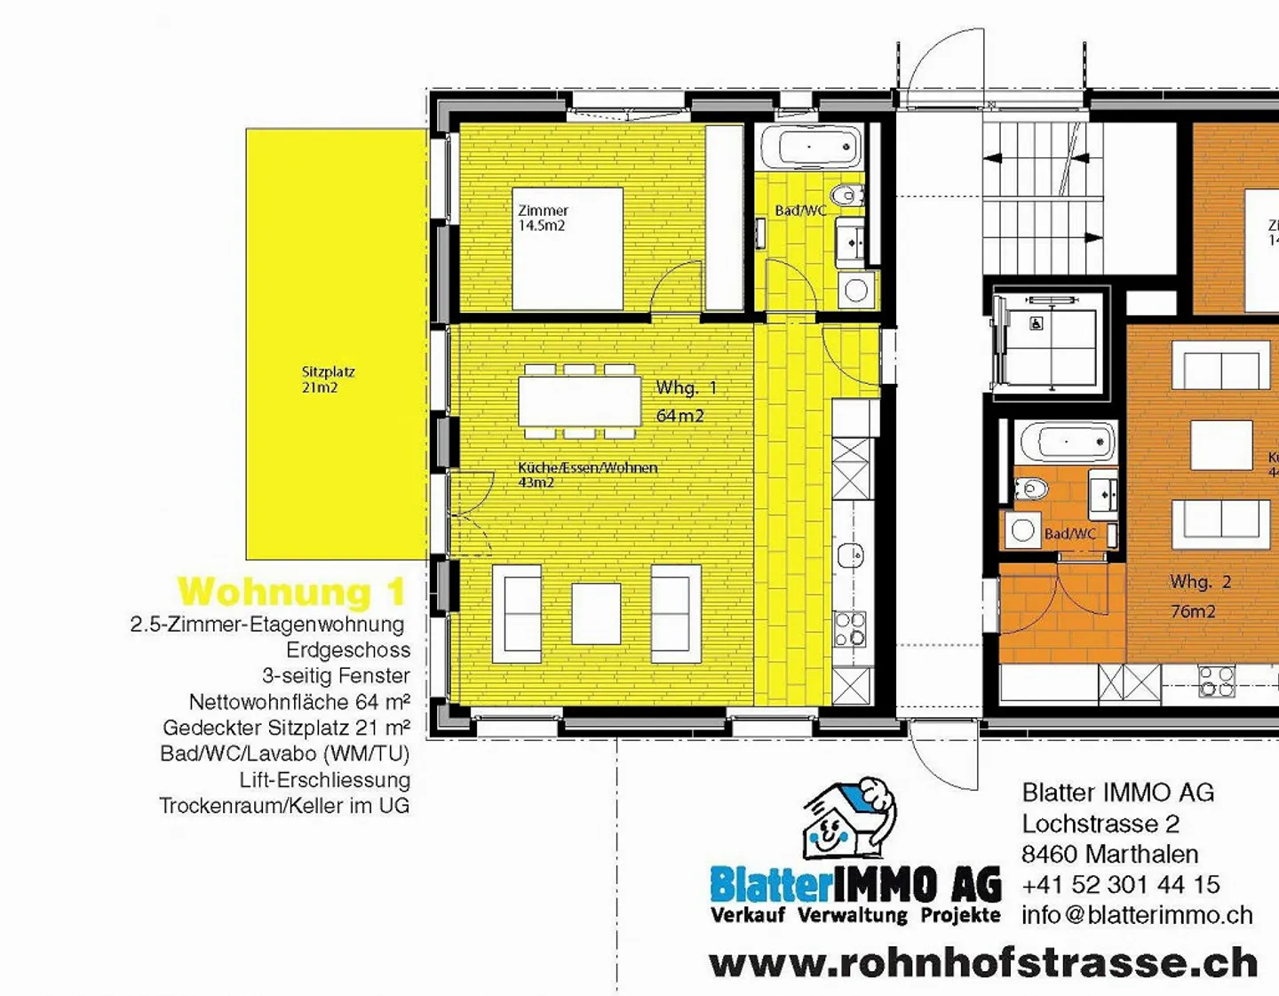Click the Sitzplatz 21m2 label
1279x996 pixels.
327,379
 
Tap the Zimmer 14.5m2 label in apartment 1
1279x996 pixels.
543,218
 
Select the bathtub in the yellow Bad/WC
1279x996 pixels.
811,147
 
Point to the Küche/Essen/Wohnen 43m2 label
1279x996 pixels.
586,474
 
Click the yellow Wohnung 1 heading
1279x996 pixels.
292,592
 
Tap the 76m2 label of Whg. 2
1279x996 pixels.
1193,611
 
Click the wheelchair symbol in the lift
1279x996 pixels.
1037,323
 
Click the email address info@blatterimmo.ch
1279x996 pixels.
1137,915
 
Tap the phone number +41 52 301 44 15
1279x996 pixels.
1120,885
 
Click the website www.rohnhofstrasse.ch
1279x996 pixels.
983,963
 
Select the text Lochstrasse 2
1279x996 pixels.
1100,824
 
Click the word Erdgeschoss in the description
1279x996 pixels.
348,650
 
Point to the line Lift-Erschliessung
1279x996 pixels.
324,780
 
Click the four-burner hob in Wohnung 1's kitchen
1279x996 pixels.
850,628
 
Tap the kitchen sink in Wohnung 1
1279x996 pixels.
850,555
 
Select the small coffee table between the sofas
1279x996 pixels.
596,613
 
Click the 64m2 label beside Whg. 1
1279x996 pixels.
679,416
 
